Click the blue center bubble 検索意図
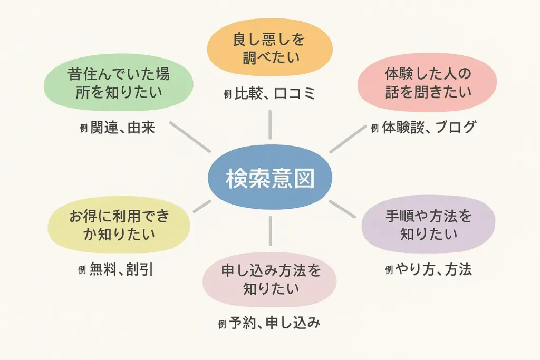pos(270,178)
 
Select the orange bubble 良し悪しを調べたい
pos(269,48)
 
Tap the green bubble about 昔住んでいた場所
pos(119,83)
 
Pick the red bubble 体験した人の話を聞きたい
pos(427,83)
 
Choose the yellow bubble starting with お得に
pos(119,225)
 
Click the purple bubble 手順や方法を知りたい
pos(428,225)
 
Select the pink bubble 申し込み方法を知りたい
pos(269,279)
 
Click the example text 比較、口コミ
pos(275,94)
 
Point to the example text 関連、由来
pos(122,128)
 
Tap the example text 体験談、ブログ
pos(429,128)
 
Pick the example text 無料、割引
pos(121,269)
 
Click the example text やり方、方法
pos(433,269)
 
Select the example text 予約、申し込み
pos(274,323)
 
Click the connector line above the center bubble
pos(270,124)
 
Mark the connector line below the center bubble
pos(270,231)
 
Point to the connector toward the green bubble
pos(190,137)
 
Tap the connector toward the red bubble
pos(348,139)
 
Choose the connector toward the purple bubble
pos(342,209)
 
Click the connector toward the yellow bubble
pos(202,206)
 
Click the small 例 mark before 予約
pos(222,324)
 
